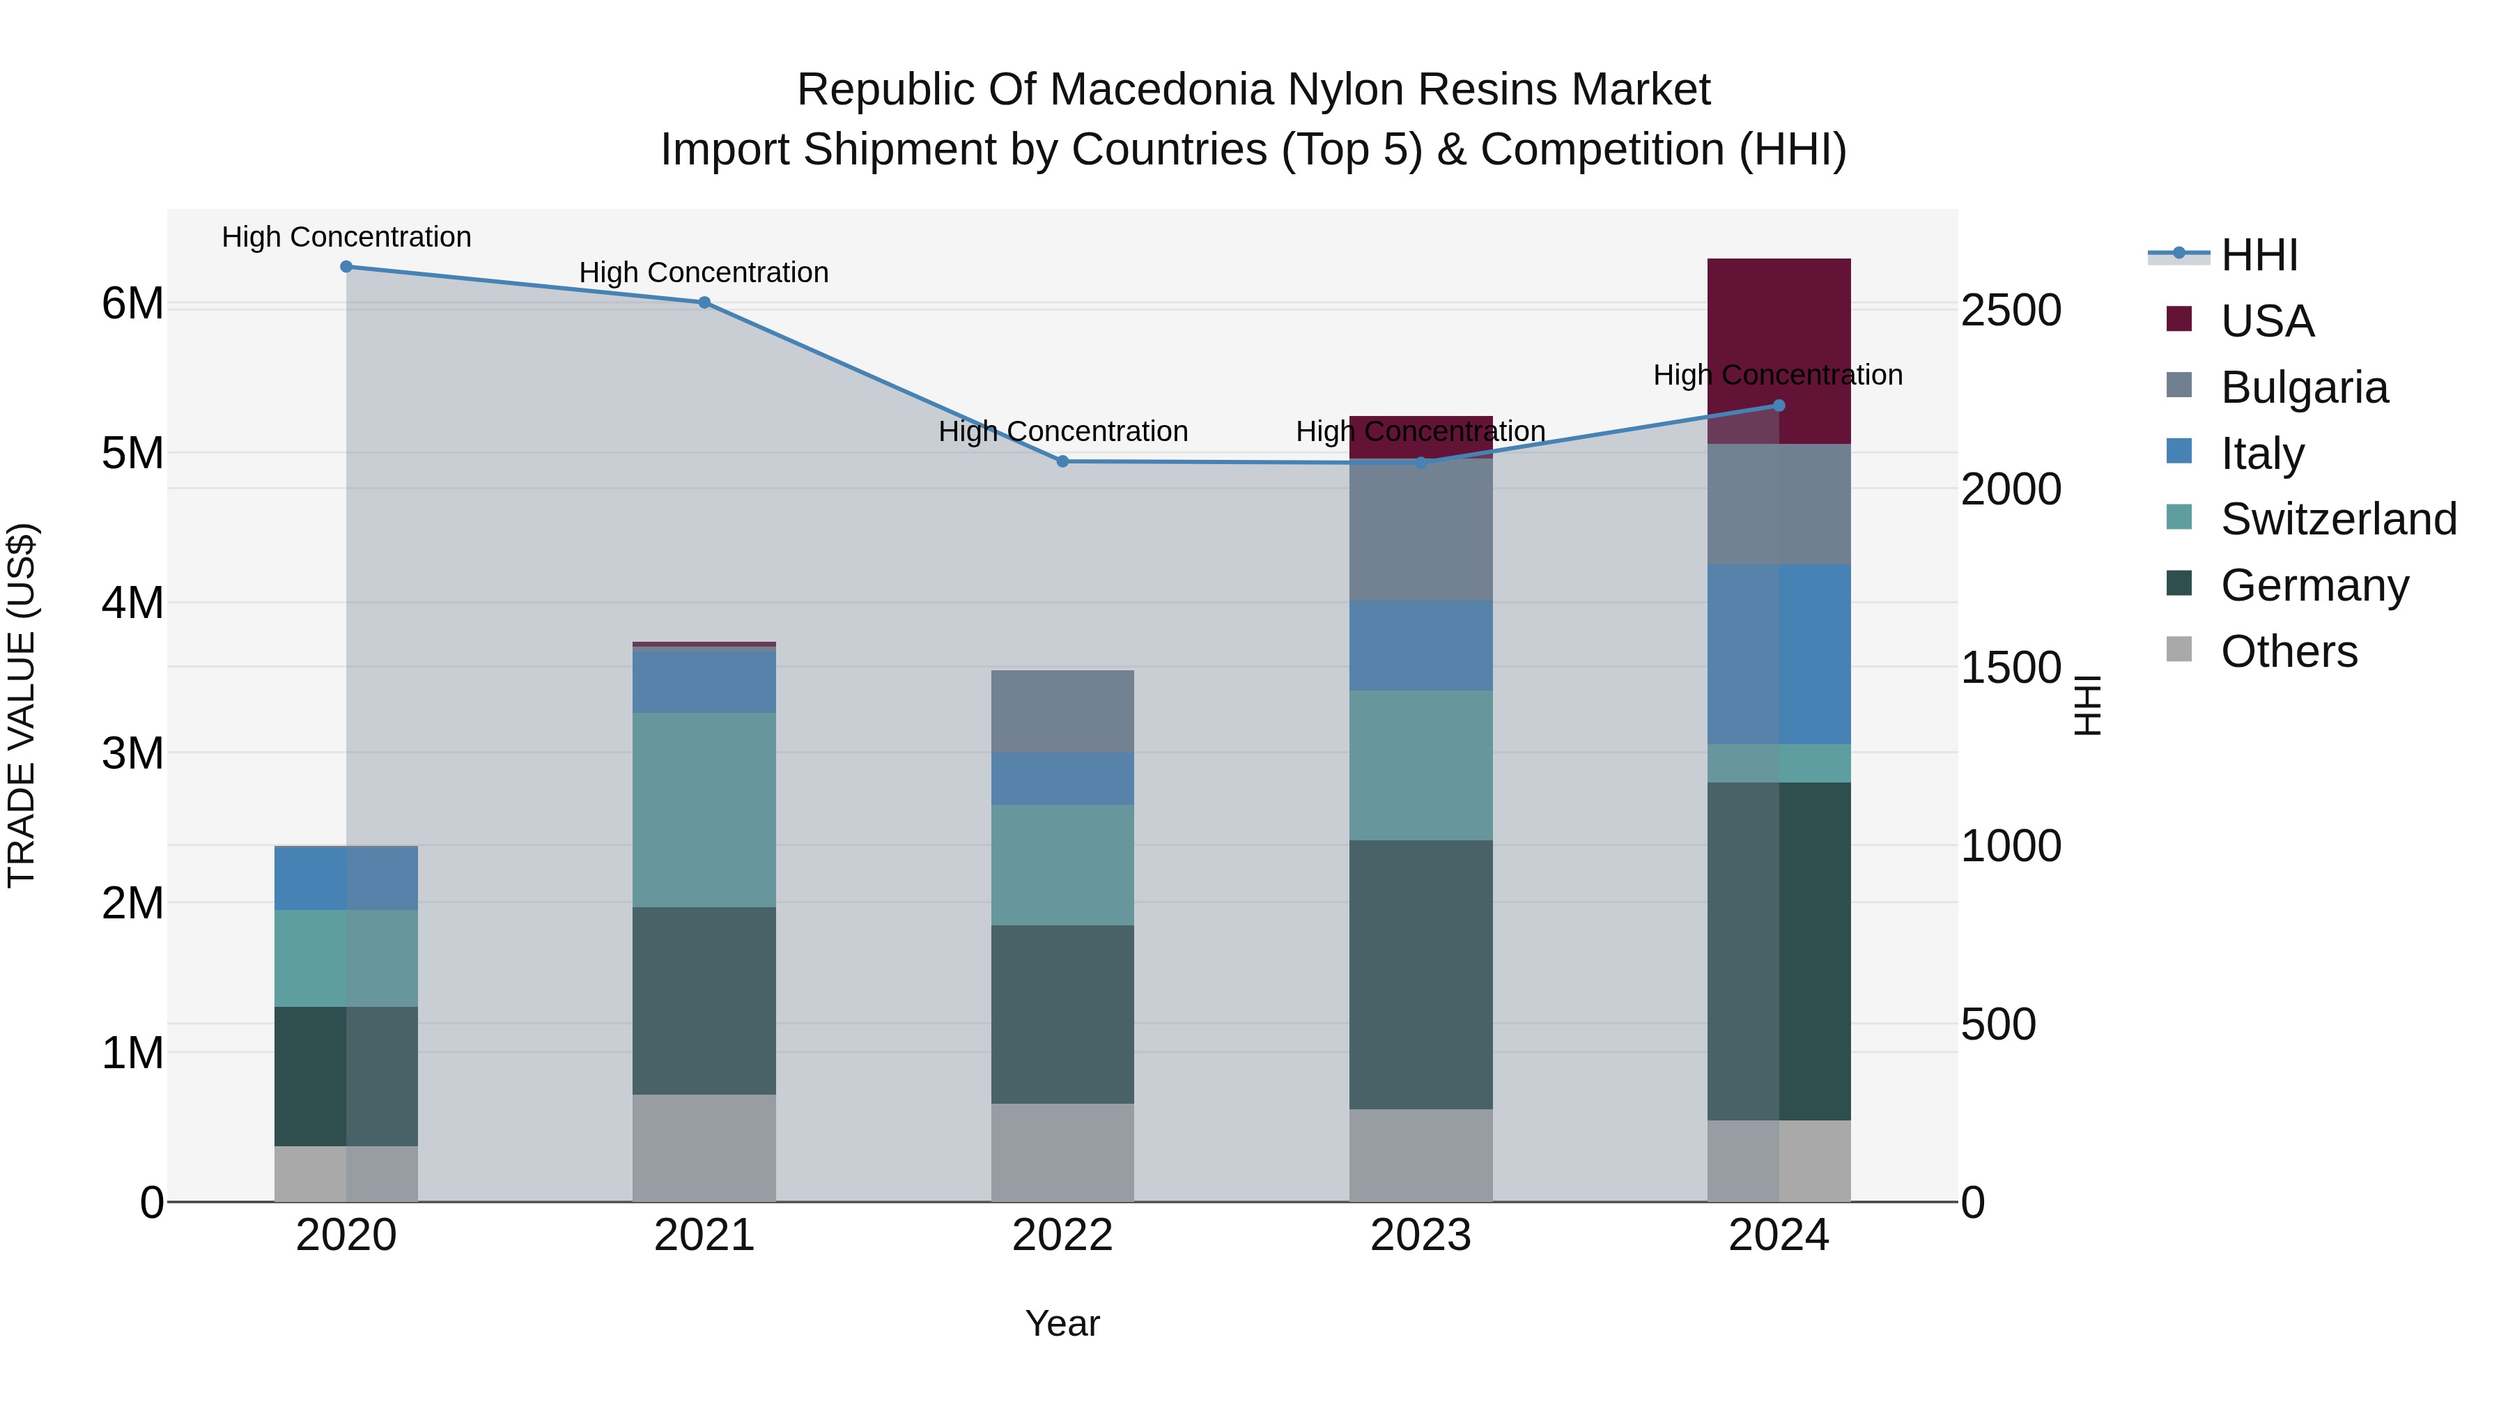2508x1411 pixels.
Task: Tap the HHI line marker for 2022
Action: point(1062,461)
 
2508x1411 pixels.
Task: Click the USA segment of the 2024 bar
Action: point(1779,331)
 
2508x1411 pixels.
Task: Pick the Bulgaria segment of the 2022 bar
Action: point(1062,711)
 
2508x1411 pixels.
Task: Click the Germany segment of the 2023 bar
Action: point(1421,974)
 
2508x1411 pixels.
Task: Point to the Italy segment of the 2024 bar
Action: point(1779,654)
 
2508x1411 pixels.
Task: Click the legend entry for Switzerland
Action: point(2339,519)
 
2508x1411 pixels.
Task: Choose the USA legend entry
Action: point(2266,321)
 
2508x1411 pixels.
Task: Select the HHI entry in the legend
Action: point(2259,255)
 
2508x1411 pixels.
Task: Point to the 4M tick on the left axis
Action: point(132,603)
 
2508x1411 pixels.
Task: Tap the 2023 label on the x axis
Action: point(1421,1235)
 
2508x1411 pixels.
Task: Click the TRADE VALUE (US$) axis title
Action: point(22,705)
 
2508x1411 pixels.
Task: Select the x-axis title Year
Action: point(1062,1323)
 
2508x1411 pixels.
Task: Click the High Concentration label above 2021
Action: point(704,272)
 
